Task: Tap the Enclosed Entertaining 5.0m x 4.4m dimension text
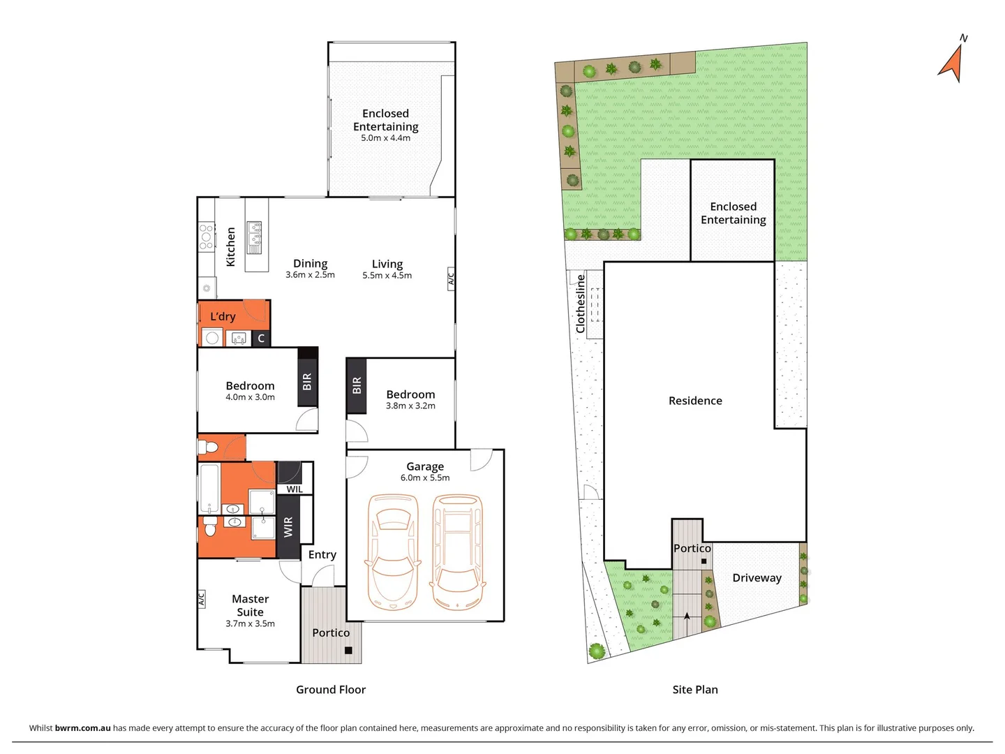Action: pyautogui.click(x=385, y=138)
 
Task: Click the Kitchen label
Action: pyautogui.click(x=231, y=246)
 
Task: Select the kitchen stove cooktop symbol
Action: pyautogui.click(x=206, y=237)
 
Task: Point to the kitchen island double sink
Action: pyautogui.click(x=255, y=237)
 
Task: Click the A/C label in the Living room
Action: pyautogui.click(x=451, y=279)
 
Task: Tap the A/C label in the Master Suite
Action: pyautogui.click(x=201, y=599)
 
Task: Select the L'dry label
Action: pyautogui.click(x=223, y=316)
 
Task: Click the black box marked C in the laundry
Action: pyautogui.click(x=261, y=339)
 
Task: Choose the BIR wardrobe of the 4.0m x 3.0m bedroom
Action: pyautogui.click(x=307, y=381)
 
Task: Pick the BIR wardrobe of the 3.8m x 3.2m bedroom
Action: pyautogui.click(x=357, y=385)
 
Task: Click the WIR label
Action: pyautogui.click(x=288, y=527)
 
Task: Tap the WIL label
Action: pyautogui.click(x=295, y=489)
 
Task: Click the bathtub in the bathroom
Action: pyautogui.click(x=209, y=488)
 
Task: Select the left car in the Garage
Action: pyautogui.click(x=392, y=552)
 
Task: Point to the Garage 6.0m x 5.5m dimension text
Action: pyautogui.click(x=424, y=478)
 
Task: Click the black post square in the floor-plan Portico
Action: pyautogui.click(x=348, y=651)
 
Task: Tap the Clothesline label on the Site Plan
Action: pyautogui.click(x=581, y=303)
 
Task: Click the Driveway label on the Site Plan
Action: pyautogui.click(x=757, y=578)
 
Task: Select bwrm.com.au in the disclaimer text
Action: pyautogui.click(x=82, y=728)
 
